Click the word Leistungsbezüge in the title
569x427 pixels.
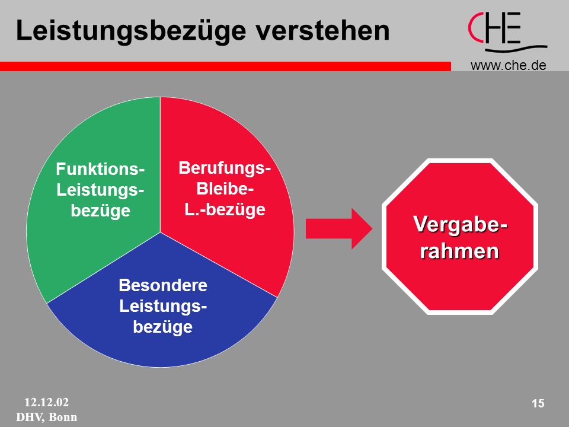pyautogui.click(x=131, y=31)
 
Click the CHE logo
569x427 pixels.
pyautogui.click(x=507, y=32)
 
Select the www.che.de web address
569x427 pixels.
pyautogui.click(x=508, y=65)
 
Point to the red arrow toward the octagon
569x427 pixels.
pyautogui.click(x=339, y=229)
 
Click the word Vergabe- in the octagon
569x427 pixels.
pyautogui.click(x=460, y=224)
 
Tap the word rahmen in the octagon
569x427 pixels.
pyautogui.click(x=459, y=251)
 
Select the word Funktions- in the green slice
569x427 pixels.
pyautogui.click(x=100, y=169)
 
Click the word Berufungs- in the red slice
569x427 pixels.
pyautogui.click(x=225, y=168)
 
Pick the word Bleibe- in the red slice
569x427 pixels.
pyautogui.click(x=225, y=189)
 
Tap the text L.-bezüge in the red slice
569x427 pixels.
pyautogui.click(x=225, y=210)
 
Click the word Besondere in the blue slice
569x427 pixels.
pyautogui.click(x=163, y=285)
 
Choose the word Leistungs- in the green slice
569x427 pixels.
pyautogui.click(x=100, y=190)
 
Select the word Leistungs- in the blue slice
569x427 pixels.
pyautogui.click(x=163, y=306)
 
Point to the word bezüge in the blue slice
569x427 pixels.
pyautogui.click(x=162, y=327)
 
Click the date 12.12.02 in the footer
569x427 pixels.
pyautogui.click(x=46, y=402)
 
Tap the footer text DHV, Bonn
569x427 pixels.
pyautogui.click(x=46, y=417)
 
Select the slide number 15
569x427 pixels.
pyautogui.click(x=538, y=403)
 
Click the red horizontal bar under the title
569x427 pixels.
pyautogui.click(x=225, y=66)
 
